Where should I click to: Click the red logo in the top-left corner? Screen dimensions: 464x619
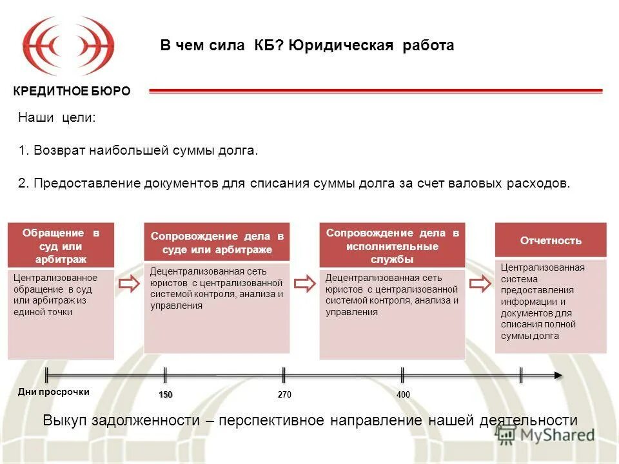pyautogui.click(x=68, y=46)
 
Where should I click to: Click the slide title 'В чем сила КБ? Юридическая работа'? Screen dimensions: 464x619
pyautogui.click(x=307, y=46)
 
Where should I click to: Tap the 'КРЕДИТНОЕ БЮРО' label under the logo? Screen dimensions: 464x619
pyautogui.click(x=72, y=92)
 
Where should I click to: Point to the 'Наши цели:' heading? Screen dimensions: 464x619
pyautogui.click(x=57, y=118)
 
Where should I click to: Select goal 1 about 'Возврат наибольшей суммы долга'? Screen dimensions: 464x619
pyautogui.click(x=138, y=151)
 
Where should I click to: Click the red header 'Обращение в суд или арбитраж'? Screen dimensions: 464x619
pyautogui.click(x=61, y=246)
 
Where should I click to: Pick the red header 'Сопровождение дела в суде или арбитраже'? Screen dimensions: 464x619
pyautogui.click(x=217, y=243)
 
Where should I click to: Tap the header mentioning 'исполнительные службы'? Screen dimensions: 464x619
pyautogui.click(x=392, y=246)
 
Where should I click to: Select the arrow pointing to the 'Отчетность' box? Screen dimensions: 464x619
pyautogui.click(x=480, y=284)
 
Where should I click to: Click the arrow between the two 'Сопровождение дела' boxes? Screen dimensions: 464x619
pyautogui.click(x=304, y=284)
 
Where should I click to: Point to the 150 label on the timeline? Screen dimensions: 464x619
pyautogui.click(x=166, y=394)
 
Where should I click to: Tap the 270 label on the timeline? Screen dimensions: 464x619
pyautogui.click(x=284, y=394)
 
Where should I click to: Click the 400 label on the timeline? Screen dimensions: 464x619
pyautogui.click(x=403, y=394)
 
